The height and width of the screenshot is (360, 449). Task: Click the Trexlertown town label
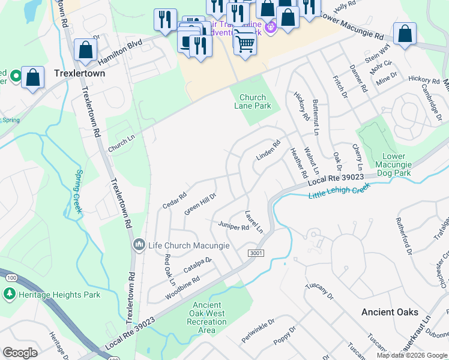79,73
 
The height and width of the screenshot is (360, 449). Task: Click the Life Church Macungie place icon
139,245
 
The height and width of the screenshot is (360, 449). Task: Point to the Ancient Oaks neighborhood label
390,312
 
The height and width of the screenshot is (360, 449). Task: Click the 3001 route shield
255,254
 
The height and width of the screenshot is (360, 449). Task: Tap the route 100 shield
11,277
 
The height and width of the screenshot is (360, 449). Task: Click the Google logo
20,353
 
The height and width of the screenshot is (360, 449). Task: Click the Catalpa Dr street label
198,265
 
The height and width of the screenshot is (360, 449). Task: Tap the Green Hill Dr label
200,204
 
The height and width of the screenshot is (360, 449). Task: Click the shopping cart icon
245,42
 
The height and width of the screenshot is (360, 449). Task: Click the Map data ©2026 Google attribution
412,355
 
